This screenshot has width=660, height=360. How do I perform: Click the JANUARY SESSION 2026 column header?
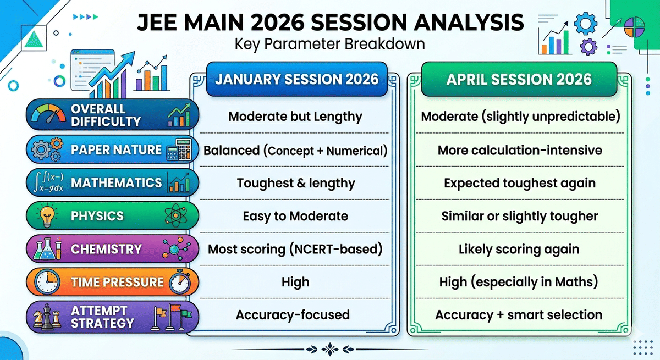click(x=296, y=79)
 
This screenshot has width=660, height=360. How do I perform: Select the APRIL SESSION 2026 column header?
click(x=519, y=79)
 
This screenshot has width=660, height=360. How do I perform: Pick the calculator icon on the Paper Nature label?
click(x=178, y=149)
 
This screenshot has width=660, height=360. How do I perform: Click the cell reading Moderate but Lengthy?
click(x=295, y=117)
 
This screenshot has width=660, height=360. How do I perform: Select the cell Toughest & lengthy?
click(x=295, y=183)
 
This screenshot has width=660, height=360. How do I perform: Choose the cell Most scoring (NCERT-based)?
click(x=295, y=249)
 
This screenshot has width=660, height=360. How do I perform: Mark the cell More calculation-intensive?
click(x=519, y=150)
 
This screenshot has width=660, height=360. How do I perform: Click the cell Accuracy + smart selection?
click(x=519, y=315)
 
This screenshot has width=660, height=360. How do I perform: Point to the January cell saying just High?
click(x=295, y=282)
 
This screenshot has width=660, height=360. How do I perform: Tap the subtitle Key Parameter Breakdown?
click(x=329, y=43)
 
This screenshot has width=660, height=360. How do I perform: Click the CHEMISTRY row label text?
click(x=106, y=249)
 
